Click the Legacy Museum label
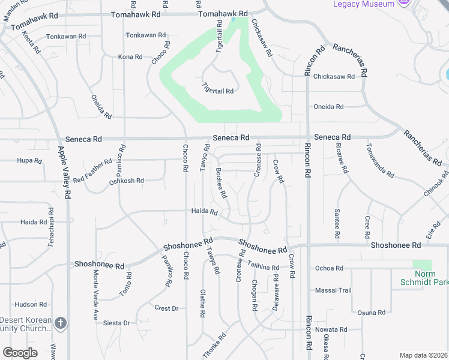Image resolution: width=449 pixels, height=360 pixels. click(x=364, y=4)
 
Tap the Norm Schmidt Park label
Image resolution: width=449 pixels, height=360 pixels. click(x=424, y=278)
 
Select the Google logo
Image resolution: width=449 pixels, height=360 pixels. click(x=20, y=353)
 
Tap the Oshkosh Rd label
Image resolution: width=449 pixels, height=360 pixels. click(x=126, y=181)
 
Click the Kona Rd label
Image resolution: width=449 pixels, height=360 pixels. click(x=130, y=57)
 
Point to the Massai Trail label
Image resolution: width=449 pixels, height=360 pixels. click(x=333, y=290)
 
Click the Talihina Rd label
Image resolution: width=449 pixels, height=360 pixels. click(x=264, y=267)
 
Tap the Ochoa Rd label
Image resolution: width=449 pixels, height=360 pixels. click(x=329, y=268)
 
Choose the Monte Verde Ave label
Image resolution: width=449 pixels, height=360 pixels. click(x=95, y=293)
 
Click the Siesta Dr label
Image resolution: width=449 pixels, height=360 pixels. click(x=117, y=323)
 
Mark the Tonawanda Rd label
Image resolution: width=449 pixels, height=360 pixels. click(x=381, y=160)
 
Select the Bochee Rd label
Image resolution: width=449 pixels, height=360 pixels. click(x=221, y=183)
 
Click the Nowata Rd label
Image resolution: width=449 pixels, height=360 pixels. click(x=331, y=329)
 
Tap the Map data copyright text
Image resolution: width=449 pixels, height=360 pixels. click(x=423, y=355)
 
